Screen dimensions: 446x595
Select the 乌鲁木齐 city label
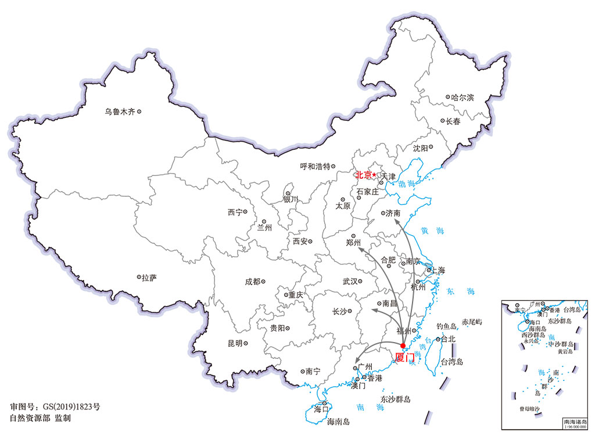120,111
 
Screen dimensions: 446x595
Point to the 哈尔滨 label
463,97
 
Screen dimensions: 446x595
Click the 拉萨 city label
149,278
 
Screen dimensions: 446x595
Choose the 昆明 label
235,343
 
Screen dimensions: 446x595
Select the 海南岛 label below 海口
338,422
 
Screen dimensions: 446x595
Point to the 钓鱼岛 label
448,326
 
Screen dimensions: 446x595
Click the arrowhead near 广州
356,361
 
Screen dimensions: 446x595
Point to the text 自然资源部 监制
40,418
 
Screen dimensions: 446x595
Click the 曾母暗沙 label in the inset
530,409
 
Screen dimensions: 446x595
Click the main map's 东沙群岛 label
396,400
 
